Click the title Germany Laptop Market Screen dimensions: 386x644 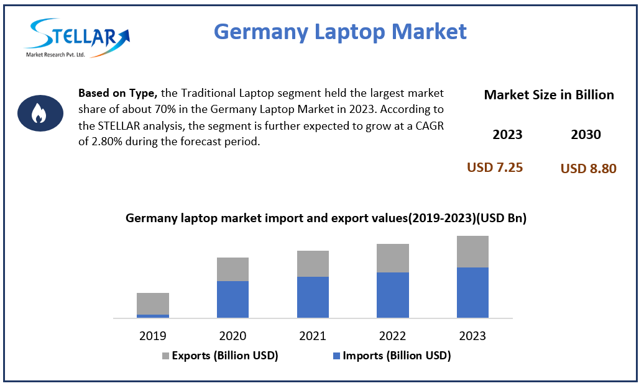[339, 30]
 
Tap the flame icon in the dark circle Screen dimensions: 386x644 [39, 113]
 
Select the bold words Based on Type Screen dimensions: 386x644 [118, 93]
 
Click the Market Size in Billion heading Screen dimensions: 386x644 [548, 95]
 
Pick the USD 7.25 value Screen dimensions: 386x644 [495, 168]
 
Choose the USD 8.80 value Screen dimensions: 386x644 [588, 168]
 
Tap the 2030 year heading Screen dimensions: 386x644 [586, 135]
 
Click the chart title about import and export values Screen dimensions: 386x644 [326, 218]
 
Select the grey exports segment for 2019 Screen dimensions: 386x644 [153, 303]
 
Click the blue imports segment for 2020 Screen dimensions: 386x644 [232, 299]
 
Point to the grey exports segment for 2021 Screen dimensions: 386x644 [313, 264]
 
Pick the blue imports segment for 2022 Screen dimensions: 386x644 [393, 295]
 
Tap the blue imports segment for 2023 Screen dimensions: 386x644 [472, 292]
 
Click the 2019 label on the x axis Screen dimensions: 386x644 [153, 336]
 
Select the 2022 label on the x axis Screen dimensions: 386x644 [393, 336]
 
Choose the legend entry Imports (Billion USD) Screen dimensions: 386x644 [391, 356]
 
